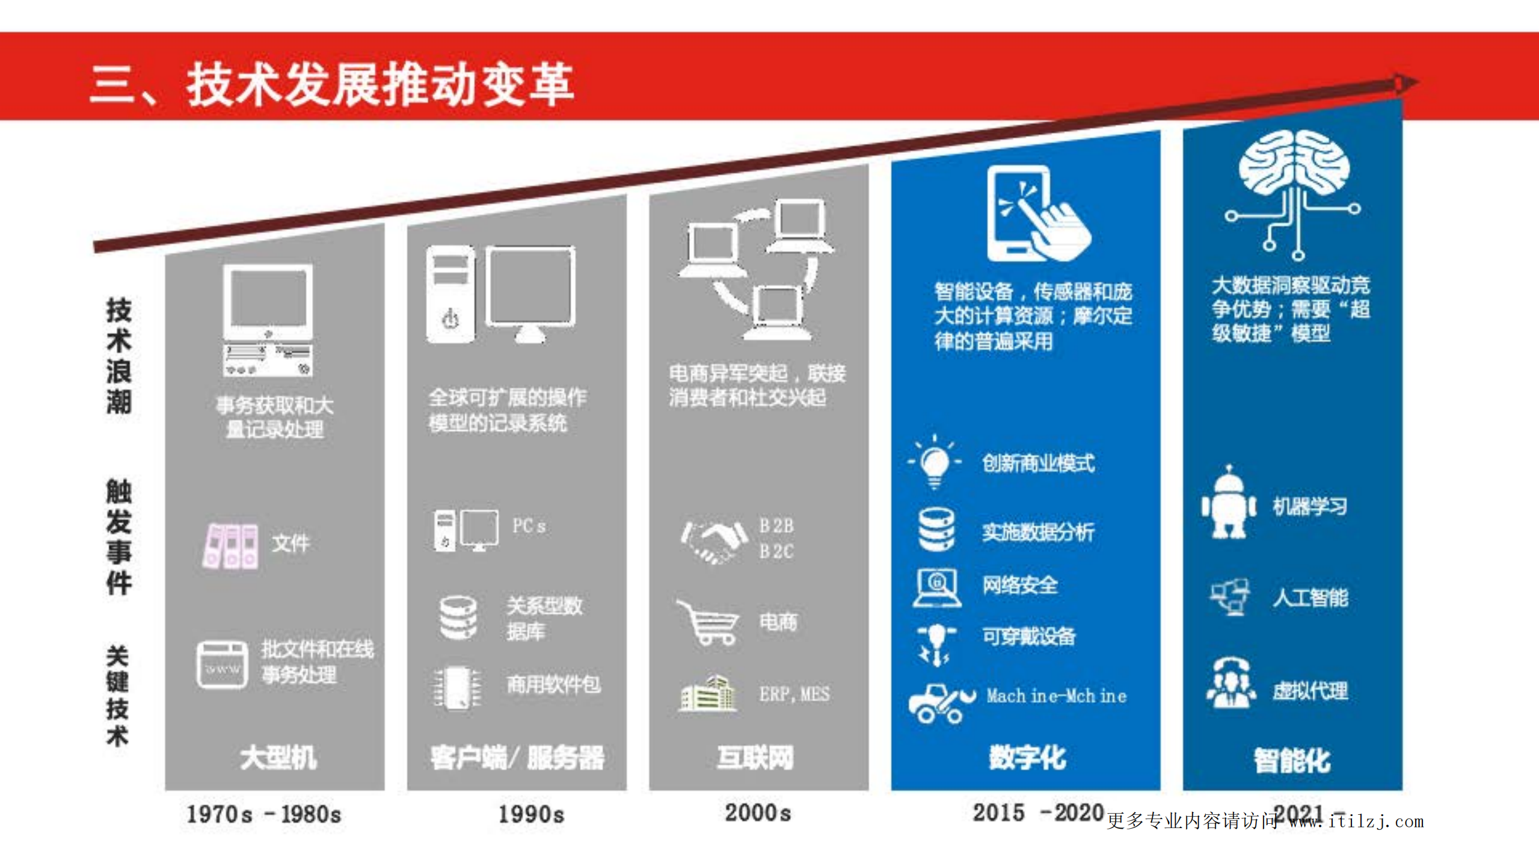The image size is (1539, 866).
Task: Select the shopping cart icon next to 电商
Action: point(708,623)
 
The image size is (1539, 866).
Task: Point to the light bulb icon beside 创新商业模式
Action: point(935,462)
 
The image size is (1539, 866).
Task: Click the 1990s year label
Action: point(531,814)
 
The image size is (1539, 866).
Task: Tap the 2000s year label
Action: point(758,813)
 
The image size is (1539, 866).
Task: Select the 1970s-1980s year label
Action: point(263,814)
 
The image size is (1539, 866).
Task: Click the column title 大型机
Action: point(278,757)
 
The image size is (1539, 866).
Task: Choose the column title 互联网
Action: point(755,757)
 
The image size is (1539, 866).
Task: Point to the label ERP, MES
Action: point(794,694)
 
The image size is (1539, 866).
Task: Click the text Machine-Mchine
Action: point(1056,696)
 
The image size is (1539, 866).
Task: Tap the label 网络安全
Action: point(1019,584)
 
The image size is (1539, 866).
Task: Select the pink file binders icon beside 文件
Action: point(231,545)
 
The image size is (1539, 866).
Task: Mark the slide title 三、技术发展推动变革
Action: point(332,85)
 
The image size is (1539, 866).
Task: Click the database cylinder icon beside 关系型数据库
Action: point(458,617)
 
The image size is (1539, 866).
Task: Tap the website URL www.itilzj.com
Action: point(1356,821)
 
